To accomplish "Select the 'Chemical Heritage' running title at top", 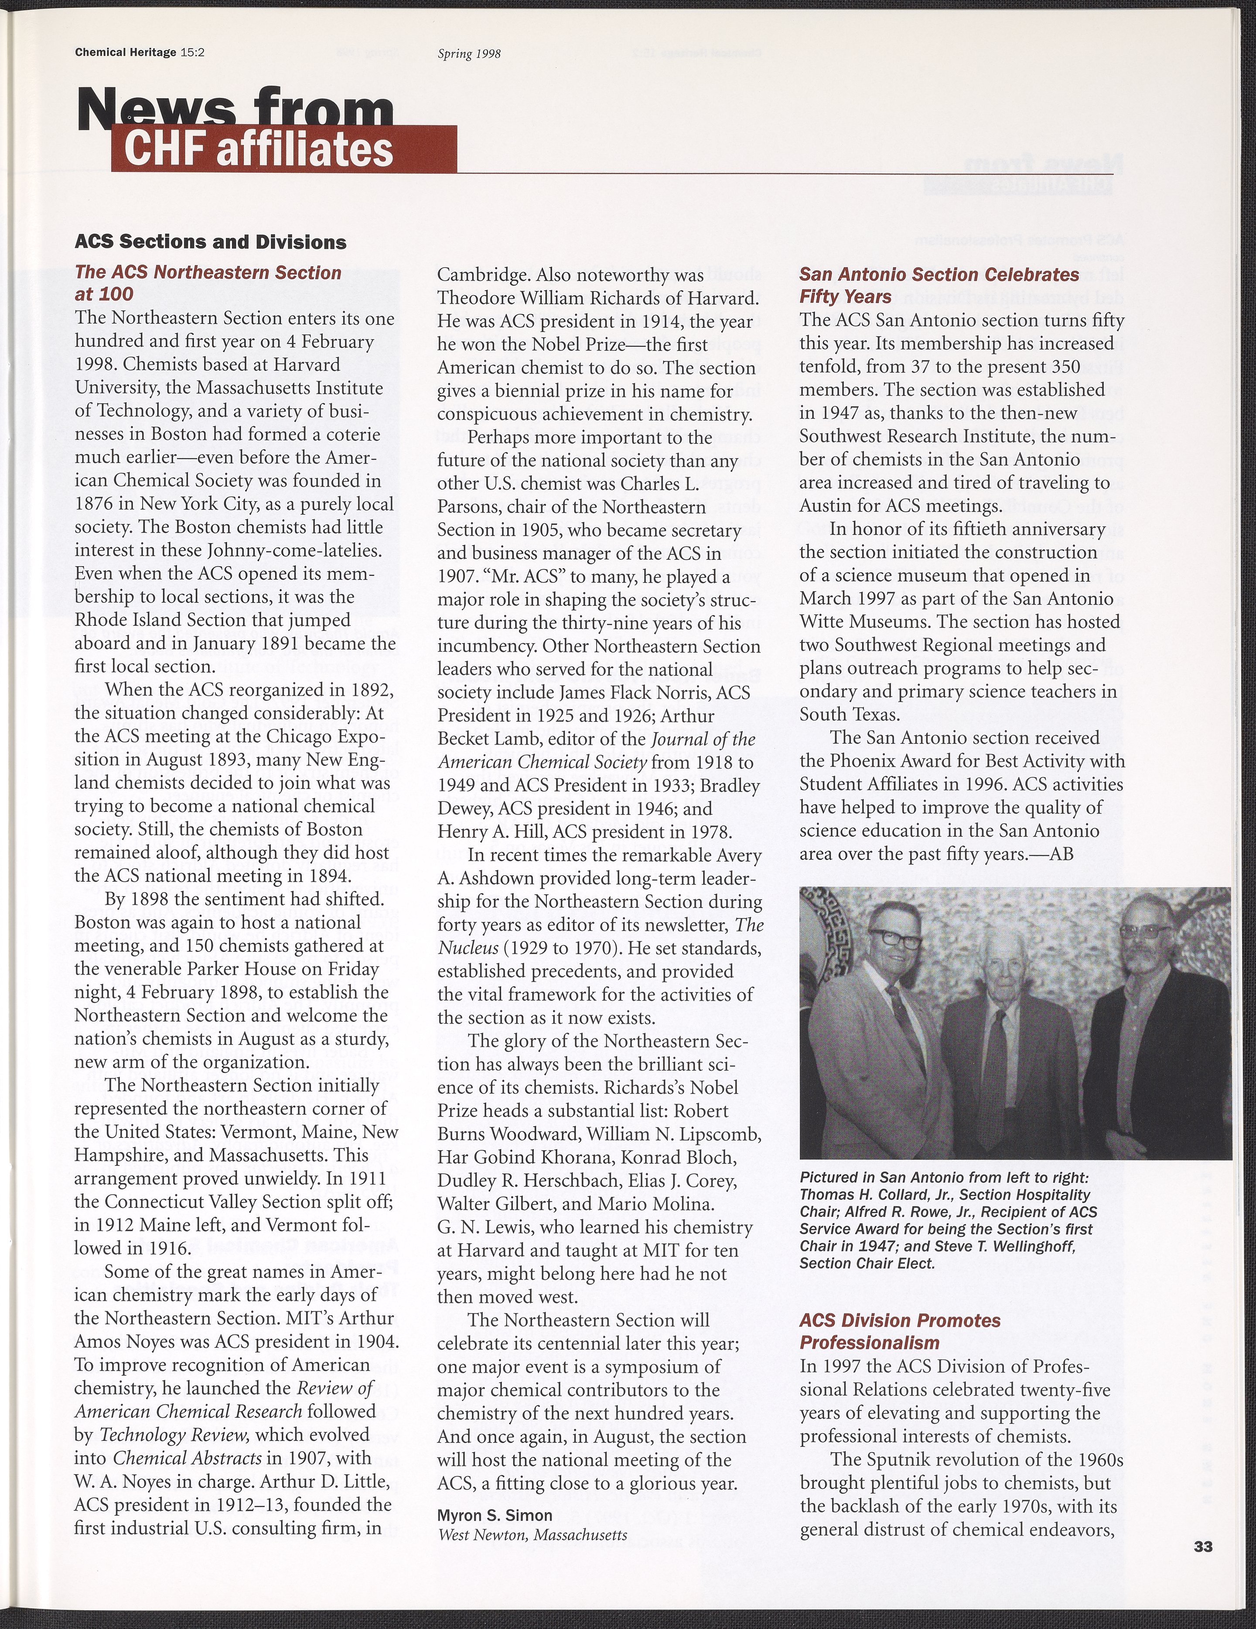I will (x=125, y=53).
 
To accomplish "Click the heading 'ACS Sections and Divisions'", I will (x=210, y=242).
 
